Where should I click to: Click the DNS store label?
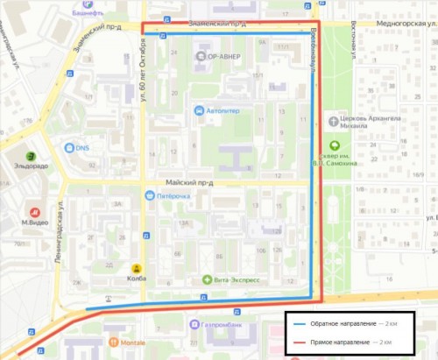coord(82,148)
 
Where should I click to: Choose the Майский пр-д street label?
coord(189,182)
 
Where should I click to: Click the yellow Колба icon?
coord(137,268)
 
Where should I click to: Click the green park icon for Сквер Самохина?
coord(334,146)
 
